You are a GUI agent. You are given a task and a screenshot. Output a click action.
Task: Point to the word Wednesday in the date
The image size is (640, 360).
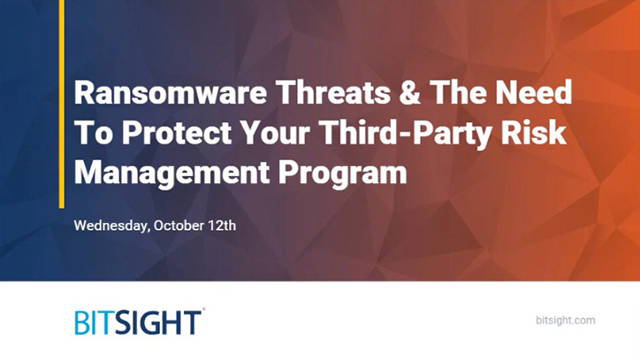(111, 225)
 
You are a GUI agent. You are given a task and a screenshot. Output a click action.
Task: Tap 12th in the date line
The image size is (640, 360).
(222, 225)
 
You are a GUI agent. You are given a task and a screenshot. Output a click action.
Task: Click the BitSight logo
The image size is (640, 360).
(140, 321)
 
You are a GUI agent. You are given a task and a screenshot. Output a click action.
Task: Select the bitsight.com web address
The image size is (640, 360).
(566, 320)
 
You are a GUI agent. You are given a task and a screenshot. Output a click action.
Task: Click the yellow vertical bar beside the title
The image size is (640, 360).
(61, 103)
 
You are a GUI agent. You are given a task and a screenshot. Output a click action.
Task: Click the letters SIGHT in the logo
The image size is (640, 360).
(164, 322)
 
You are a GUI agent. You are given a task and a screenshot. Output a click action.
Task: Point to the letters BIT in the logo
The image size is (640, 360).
(96, 322)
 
